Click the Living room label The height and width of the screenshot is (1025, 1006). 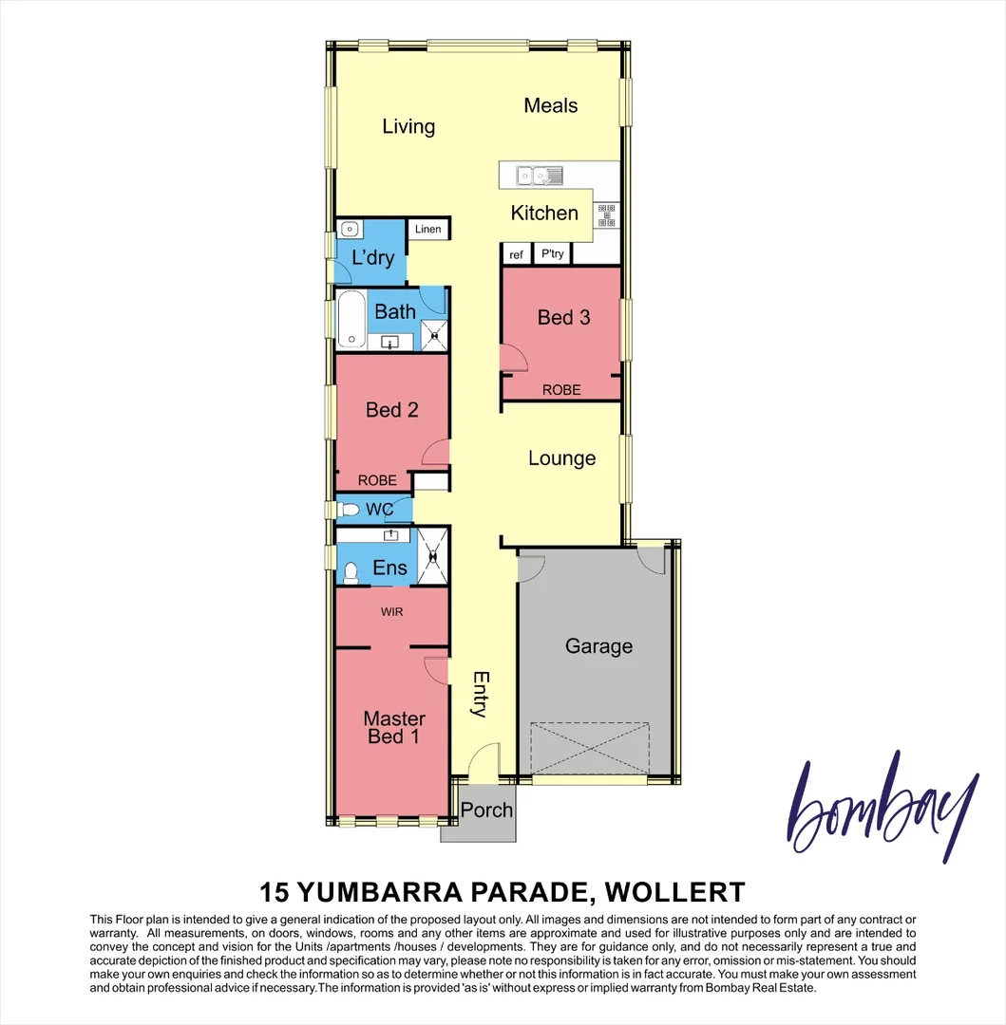point(408,126)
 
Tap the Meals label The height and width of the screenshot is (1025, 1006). point(551,105)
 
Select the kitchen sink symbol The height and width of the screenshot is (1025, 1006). point(539,175)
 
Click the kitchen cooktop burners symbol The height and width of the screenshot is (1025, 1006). point(605,215)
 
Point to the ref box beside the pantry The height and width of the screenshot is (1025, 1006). point(516,254)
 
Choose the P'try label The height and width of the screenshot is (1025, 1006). point(552,254)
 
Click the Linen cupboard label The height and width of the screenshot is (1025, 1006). point(428,230)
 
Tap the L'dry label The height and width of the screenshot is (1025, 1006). point(372,258)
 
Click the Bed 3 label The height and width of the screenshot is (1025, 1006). point(563,317)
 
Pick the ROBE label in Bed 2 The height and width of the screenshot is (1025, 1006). point(377,480)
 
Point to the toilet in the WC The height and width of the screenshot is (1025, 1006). point(350,511)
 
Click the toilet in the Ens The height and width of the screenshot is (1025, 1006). point(350,571)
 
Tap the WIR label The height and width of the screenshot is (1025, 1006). point(391,612)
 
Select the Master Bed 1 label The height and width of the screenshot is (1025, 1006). point(393,727)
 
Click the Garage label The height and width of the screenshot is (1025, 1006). point(598,646)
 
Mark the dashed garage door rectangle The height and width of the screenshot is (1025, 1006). point(591,748)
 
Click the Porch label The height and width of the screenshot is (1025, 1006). point(486,811)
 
